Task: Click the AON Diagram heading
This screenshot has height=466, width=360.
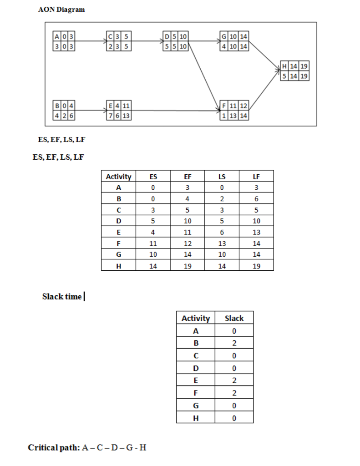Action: [61, 10]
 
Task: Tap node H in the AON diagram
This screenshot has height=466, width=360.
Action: [294, 71]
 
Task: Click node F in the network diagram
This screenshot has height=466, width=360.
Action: [234, 111]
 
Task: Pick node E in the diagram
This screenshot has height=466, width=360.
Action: [119, 111]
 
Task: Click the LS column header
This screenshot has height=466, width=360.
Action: [222, 177]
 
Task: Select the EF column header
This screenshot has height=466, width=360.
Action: [187, 177]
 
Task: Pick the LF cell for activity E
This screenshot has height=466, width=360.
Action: [256, 233]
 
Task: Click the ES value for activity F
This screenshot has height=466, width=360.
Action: [153, 243]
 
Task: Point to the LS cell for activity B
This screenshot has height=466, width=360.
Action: [222, 199]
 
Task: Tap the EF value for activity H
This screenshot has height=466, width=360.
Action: [187, 266]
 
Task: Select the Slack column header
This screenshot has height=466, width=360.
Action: [234, 318]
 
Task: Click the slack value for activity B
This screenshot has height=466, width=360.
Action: [234, 343]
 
